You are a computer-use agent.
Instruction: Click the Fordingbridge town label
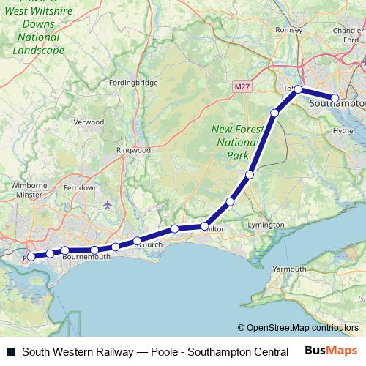pos(132,83)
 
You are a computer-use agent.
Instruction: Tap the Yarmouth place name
pos(290,269)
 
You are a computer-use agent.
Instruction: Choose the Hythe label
pos(343,131)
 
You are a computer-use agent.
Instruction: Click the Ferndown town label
pos(81,188)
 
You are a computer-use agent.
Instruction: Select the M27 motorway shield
pos(243,86)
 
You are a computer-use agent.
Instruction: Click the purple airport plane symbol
pos(109,203)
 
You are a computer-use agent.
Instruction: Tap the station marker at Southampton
pos(335,97)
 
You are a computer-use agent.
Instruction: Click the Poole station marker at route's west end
pos(31,257)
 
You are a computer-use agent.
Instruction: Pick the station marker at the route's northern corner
pos(298,89)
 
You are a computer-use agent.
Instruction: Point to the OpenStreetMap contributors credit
pos(298,328)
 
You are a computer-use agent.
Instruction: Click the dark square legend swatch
pos(11,351)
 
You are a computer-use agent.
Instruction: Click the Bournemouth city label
pos(86,258)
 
